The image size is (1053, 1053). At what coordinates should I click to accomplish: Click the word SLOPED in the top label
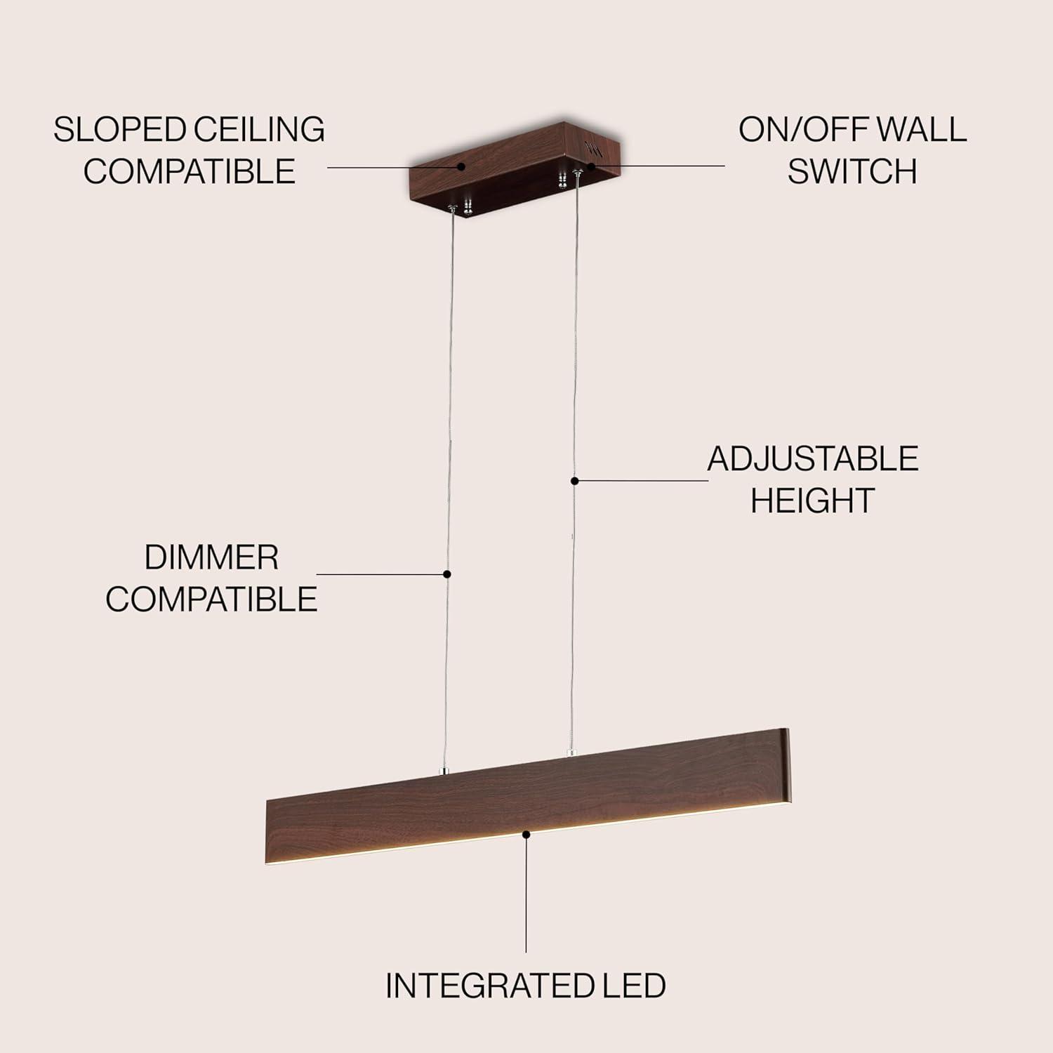(x=119, y=130)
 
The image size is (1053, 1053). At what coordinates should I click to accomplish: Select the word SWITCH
(x=852, y=171)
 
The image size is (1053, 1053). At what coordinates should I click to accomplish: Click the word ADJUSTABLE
(x=813, y=459)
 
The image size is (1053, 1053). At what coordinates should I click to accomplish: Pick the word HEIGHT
(x=812, y=501)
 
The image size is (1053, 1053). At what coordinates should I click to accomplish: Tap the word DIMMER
(x=211, y=558)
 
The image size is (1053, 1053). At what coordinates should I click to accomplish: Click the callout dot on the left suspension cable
(x=447, y=574)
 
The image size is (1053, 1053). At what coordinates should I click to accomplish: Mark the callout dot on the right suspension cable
(x=574, y=481)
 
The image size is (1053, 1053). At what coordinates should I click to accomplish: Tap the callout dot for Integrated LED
(x=526, y=833)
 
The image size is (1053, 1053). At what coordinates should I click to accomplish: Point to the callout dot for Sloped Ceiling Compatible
(x=462, y=166)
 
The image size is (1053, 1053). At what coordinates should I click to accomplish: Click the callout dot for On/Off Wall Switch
(x=591, y=166)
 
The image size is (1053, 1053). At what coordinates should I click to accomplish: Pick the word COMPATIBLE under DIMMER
(x=211, y=600)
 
